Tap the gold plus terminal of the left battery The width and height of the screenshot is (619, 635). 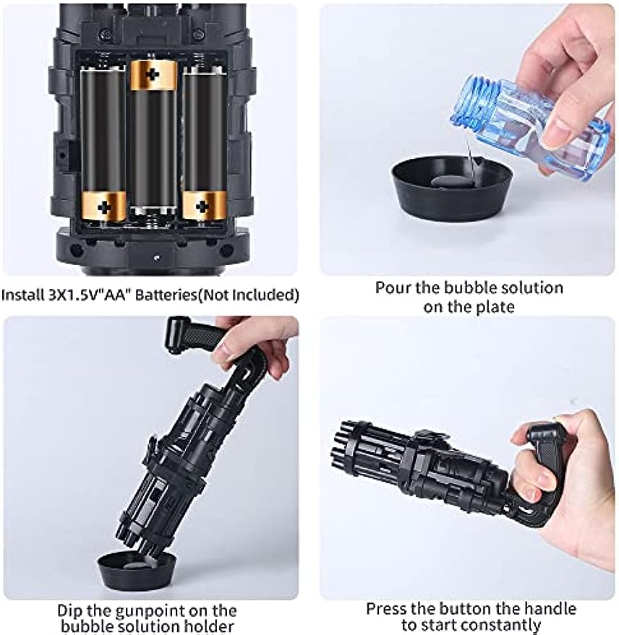[x=104, y=204]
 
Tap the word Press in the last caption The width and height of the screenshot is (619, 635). [x=387, y=609]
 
